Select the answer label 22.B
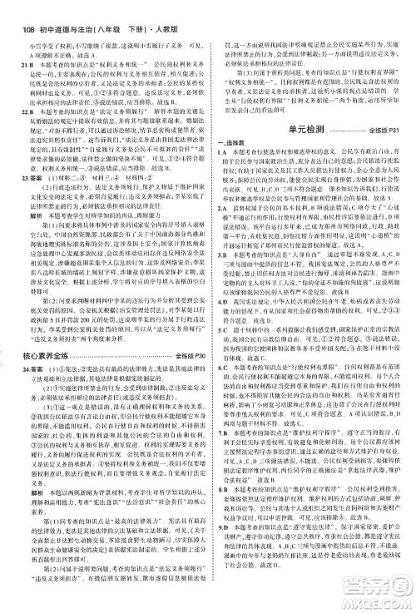pyautogui.click(x=12, y=110)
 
